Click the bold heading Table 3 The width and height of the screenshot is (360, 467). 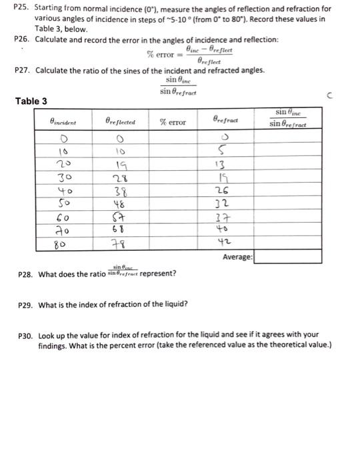31,101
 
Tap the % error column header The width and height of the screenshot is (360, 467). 173,121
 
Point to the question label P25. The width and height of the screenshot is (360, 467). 21,8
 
